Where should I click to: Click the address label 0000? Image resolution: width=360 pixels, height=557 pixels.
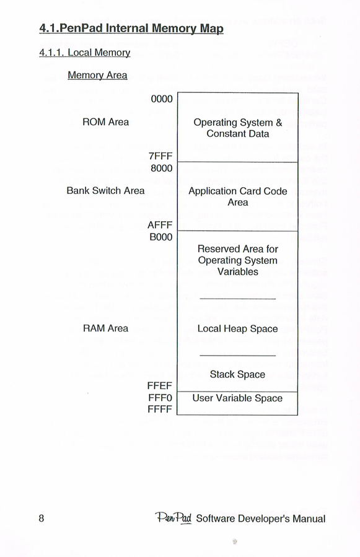coord(162,99)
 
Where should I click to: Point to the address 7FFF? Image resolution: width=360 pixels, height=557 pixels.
coord(160,156)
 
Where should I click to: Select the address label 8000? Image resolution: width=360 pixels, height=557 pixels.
coord(161,168)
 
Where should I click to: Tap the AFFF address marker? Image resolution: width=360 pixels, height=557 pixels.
coord(160,225)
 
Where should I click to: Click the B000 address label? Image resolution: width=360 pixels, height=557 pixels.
coord(161,237)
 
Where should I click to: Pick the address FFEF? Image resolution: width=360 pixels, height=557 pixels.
coord(160,385)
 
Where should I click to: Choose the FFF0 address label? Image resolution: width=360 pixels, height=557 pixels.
coord(160,398)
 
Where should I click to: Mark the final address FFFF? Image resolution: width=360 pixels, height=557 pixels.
coord(160,409)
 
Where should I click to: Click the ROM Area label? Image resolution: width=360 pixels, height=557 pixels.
coord(105,122)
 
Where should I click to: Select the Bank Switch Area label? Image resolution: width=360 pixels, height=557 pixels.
coord(105,191)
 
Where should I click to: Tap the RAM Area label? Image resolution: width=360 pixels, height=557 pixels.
coord(105,328)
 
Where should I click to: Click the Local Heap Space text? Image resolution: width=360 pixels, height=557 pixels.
coord(237,329)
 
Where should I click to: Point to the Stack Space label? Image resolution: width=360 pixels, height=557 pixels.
coord(237,374)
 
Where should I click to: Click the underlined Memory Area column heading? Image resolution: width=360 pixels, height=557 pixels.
coord(97,76)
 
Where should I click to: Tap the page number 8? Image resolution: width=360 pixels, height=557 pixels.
coord(42,519)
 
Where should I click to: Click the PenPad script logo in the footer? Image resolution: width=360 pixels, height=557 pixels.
coord(173,518)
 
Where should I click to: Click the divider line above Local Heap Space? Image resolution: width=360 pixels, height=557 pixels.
coord(238,299)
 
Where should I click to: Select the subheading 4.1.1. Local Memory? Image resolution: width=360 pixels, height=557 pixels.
coord(85,53)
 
